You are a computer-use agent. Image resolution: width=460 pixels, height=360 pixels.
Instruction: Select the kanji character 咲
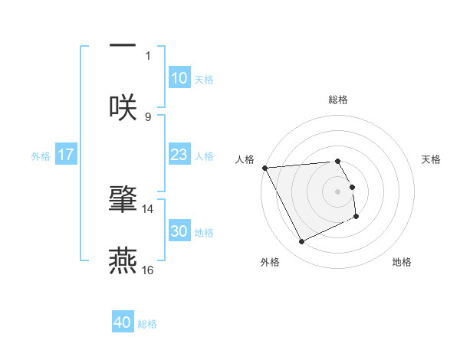(x=123, y=107)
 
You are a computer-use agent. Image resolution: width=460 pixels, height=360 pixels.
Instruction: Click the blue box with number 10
(x=179, y=78)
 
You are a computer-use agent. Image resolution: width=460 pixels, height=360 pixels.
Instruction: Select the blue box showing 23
(x=179, y=155)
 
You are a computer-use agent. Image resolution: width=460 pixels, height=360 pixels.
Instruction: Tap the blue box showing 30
(x=179, y=231)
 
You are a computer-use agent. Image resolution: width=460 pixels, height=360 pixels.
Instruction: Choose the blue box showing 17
(x=66, y=155)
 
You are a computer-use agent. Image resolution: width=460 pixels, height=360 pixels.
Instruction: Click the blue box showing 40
(x=123, y=322)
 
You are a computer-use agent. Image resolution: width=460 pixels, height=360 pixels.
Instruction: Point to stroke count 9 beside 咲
(x=148, y=116)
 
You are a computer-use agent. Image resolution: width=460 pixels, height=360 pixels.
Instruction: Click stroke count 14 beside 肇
(x=148, y=208)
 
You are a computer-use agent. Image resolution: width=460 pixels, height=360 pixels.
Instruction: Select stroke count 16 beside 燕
(x=148, y=270)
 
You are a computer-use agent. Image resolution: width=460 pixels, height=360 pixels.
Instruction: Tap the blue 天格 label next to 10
(x=204, y=79)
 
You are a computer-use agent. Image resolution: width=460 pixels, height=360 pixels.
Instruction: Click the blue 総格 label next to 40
(x=148, y=323)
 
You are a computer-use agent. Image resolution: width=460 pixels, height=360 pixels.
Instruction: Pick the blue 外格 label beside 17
(x=41, y=155)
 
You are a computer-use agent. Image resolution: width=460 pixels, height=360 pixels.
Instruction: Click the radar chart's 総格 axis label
(x=338, y=100)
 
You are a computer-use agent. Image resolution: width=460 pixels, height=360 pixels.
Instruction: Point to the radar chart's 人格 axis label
(x=245, y=159)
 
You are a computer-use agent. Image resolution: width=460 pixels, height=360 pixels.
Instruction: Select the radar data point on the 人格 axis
(x=264, y=168)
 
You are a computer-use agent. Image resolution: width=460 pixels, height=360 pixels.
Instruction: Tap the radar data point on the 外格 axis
(x=301, y=242)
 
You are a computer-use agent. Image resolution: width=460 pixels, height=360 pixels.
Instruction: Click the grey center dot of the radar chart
(x=338, y=191)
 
